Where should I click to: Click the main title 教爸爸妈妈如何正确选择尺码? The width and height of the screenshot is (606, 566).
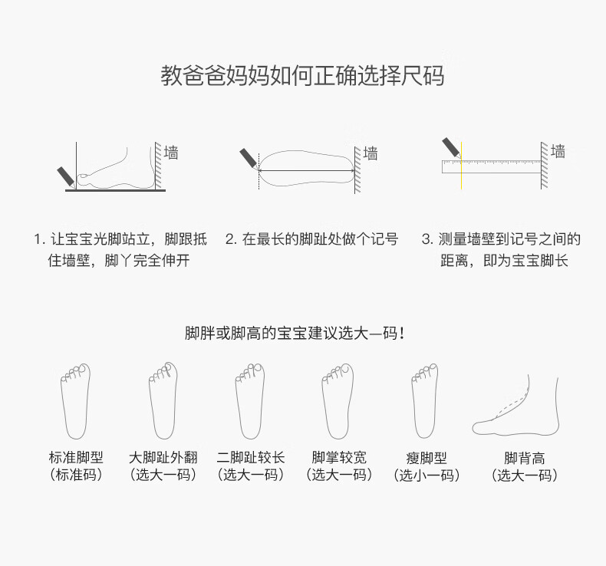point(302,75)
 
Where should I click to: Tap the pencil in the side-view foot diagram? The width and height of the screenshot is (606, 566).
point(66,177)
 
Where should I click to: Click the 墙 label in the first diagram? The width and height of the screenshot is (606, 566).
point(171,153)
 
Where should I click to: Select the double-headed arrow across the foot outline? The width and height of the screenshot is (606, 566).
point(307,170)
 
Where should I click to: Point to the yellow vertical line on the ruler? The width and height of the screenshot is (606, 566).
point(461,166)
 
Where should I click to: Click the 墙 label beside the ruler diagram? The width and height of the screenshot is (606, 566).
point(558,151)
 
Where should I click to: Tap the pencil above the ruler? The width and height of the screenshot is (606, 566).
point(452,147)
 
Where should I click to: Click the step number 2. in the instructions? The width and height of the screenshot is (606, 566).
point(231,239)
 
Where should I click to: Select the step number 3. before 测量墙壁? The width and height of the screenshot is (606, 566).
point(427,239)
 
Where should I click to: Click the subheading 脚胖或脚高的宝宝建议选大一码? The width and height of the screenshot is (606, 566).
point(295,333)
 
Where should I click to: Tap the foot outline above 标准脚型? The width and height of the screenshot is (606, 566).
point(75,401)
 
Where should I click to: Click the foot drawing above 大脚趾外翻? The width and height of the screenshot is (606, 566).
point(163,400)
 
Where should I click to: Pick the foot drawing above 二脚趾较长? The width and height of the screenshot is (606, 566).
point(250,401)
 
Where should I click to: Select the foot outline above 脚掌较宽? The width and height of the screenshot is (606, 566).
point(338,401)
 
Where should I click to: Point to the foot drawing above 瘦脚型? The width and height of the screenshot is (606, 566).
point(424,400)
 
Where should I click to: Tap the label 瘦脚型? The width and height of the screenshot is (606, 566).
point(427,459)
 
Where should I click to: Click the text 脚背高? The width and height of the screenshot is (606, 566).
point(525,459)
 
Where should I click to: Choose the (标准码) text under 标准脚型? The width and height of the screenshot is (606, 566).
point(76,475)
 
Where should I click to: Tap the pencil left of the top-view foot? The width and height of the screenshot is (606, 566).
point(249,159)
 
